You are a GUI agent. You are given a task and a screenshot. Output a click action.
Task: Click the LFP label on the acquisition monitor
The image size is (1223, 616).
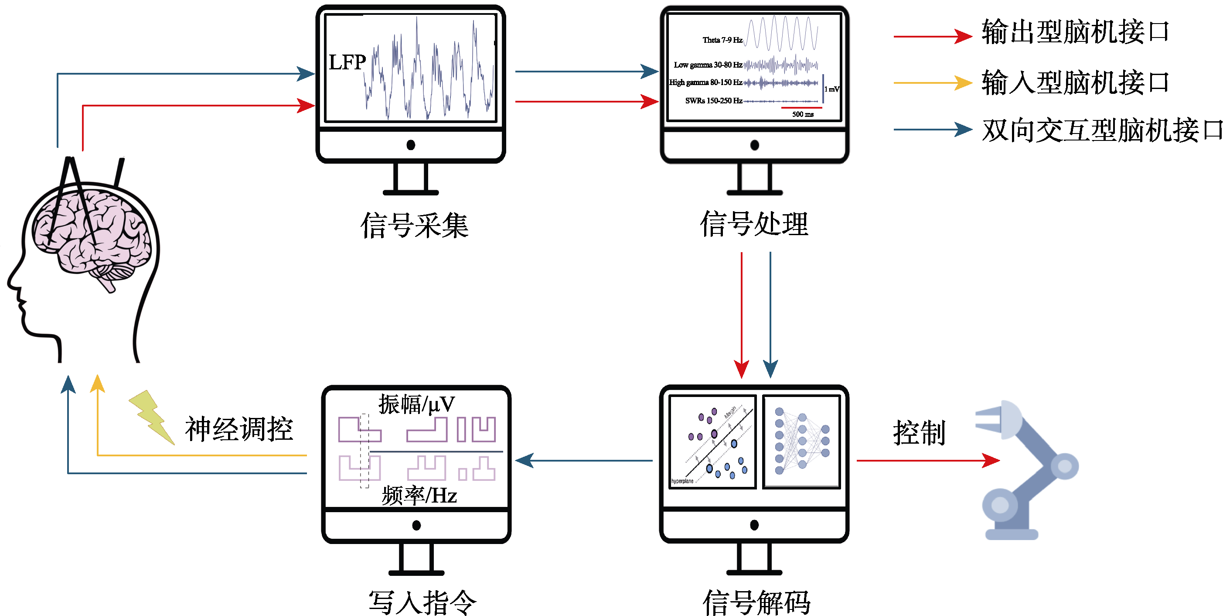347,62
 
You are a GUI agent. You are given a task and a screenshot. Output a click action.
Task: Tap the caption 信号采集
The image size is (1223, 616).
414,225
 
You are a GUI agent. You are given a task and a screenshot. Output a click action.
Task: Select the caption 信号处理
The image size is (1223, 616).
754,224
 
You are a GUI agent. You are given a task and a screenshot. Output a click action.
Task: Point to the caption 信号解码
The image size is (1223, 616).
756,602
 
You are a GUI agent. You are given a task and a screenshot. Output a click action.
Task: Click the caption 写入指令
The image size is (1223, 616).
422,602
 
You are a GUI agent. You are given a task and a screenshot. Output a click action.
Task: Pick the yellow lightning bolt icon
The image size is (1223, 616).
151,416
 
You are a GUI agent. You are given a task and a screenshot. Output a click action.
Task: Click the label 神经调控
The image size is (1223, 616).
238,428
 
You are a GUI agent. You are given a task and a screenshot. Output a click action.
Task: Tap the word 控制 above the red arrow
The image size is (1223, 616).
919,433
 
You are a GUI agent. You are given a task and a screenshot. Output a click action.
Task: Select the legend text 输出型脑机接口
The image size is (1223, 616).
1075,32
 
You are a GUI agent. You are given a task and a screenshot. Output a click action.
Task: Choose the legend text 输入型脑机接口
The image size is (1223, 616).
1075,82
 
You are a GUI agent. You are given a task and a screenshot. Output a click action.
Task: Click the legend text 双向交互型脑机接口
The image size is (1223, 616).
1101,130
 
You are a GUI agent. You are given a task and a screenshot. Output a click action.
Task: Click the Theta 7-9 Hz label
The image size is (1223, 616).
722,40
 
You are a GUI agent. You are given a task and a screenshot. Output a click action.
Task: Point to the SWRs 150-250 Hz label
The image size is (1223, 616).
714,101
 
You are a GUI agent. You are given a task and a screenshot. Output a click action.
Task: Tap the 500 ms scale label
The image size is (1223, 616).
802,114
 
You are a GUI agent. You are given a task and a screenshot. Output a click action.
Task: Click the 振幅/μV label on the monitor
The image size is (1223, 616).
416,404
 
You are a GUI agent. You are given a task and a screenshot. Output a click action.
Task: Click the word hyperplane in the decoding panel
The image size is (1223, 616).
682,481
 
